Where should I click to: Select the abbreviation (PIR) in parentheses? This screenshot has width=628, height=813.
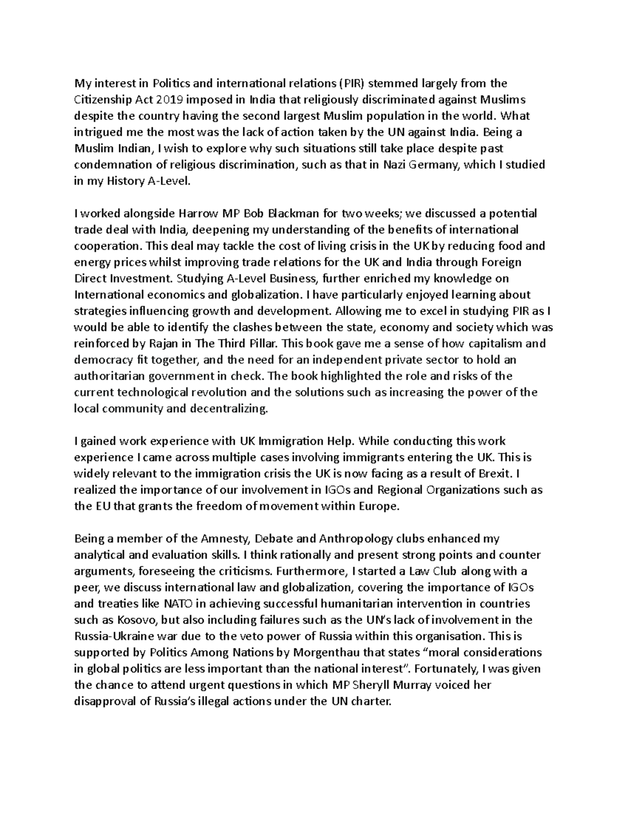point(350,83)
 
